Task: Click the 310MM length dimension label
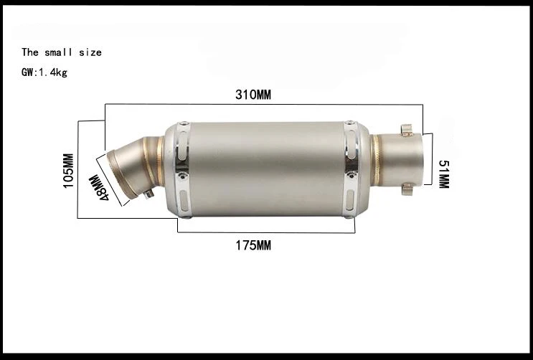click(253, 95)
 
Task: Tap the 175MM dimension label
click(253, 245)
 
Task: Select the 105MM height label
click(68, 171)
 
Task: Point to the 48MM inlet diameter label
click(98, 187)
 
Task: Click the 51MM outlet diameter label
click(443, 174)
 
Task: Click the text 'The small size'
click(62, 52)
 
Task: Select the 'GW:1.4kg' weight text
click(44, 72)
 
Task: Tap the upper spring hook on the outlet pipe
click(406, 131)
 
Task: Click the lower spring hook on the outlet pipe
click(407, 189)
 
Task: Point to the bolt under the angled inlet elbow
click(149, 194)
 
